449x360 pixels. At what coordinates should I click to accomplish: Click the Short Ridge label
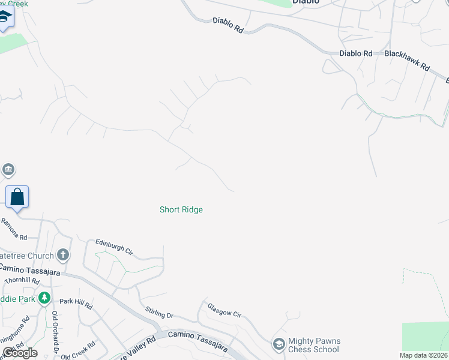click(181, 209)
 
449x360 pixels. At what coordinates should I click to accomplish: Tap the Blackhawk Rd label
click(408, 60)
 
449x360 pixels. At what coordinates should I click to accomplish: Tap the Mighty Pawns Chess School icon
click(279, 344)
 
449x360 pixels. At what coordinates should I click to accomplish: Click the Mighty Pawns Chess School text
click(313, 345)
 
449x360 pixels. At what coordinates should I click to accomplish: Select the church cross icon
click(63, 256)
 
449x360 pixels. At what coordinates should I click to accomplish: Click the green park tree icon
click(44, 298)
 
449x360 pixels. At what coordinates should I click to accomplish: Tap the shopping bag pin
click(17, 197)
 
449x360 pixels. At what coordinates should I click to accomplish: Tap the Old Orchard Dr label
click(55, 332)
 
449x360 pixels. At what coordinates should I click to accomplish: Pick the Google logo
click(20, 353)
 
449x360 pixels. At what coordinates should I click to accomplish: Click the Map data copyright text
click(424, 355)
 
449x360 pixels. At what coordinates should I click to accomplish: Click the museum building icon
click(8, 170)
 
